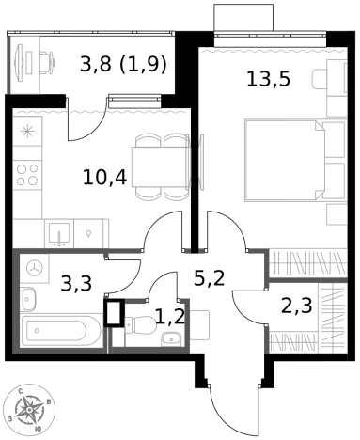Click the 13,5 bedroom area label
[269, 79]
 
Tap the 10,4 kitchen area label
[104, 178]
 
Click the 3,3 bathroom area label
[76, 283]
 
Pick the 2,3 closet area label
[297, 306]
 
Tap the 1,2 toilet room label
[169, 317]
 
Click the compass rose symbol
[29, 410]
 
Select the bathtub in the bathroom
[61, 331]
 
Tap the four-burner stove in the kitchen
[27, 175]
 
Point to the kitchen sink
[59, 233]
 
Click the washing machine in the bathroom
[35, 268]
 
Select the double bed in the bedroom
[285, 160]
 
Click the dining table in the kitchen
[161, 166]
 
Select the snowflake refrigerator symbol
[27, 131]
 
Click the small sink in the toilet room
[171, 338]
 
